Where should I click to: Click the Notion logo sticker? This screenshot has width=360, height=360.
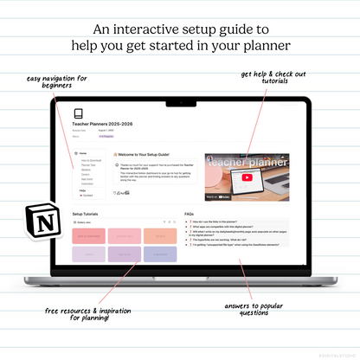point(38,221)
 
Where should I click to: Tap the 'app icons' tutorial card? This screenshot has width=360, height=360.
point(122,254)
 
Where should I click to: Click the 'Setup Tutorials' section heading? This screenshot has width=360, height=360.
point(90,213)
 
